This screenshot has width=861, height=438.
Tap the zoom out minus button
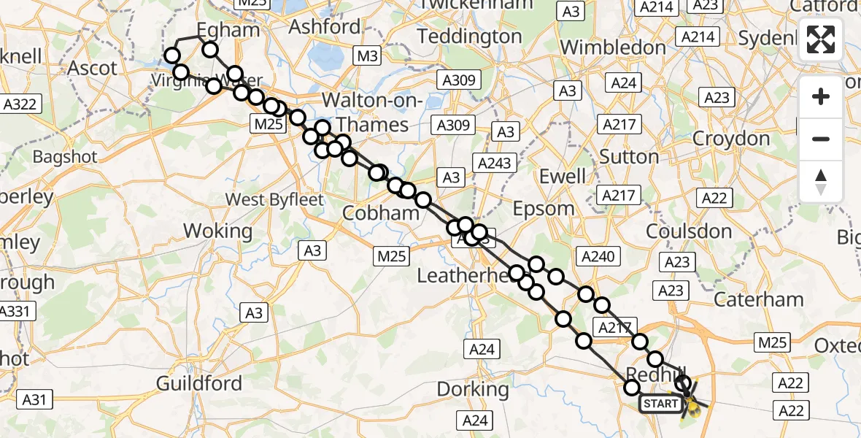(821, 139)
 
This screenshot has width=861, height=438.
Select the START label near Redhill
(660, 403)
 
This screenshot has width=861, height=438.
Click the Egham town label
(228, 30)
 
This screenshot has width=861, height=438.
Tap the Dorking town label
(473, 389)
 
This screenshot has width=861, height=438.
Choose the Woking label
(217, 231)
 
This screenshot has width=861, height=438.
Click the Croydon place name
(730, 138)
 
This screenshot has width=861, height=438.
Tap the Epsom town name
(544, 208)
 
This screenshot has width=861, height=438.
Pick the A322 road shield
(20, 104)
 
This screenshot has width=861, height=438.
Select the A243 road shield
(494, 162)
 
